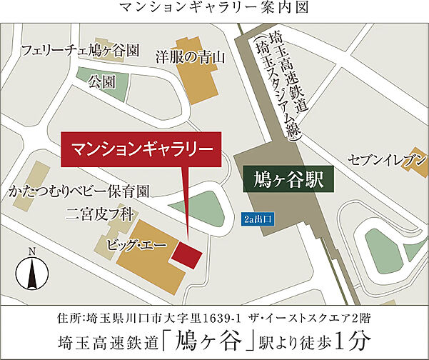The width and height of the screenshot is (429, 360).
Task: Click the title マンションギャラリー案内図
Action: point(214,9)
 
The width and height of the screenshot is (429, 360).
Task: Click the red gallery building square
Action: point(188,254)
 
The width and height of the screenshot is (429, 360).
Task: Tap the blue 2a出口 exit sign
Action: point(258,218)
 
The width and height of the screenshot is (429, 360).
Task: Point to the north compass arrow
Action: point(31,271)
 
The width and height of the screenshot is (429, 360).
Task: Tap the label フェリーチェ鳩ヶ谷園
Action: point(80,51)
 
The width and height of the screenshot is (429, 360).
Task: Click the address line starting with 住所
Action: point(214,316)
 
